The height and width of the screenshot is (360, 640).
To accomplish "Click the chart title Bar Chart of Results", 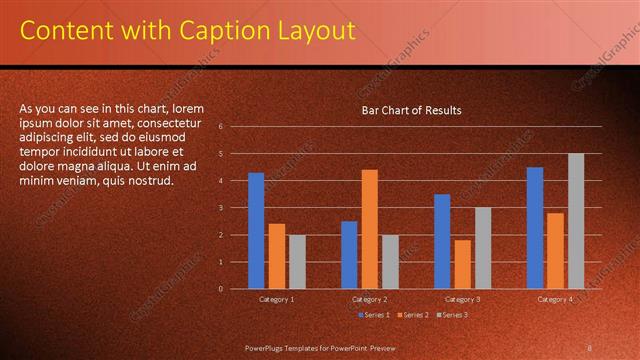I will [x=411, y=110].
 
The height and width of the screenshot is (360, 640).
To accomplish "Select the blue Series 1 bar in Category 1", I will [x=256, y=231].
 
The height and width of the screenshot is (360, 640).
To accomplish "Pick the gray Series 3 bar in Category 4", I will [x=575, y=221].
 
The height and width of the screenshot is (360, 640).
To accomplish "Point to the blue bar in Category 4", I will [x=535, y=228].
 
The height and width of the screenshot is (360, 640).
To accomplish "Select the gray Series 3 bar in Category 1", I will [x=297, y=262].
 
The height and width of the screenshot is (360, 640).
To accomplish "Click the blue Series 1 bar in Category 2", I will [x=349, y=255].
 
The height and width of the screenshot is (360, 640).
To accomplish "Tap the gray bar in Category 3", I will [x=482, y=248].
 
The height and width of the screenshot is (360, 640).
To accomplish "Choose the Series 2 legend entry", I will [x=411, y=315].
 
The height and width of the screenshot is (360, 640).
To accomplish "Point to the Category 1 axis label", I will [x=277, y=299].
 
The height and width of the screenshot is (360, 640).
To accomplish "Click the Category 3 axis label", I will [x=462, y=299].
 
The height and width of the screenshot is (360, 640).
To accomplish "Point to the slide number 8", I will [x=589, y=347].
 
